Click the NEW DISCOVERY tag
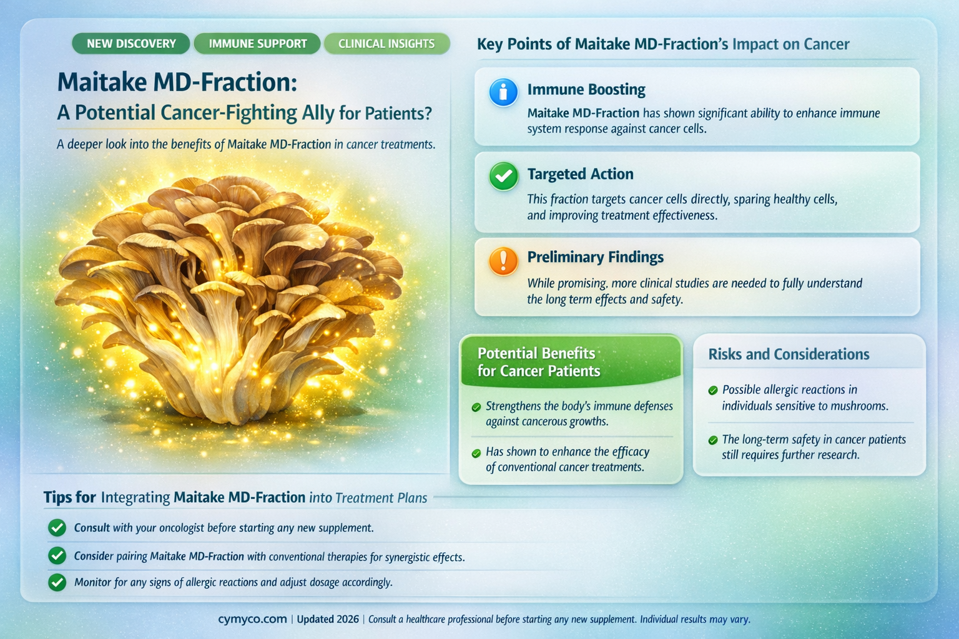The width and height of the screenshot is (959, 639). (131, 44)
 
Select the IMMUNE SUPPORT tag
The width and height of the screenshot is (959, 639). (257, 44)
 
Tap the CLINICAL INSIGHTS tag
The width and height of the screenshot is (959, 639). (386, 44)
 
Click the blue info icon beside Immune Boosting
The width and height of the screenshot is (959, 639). (503, 92)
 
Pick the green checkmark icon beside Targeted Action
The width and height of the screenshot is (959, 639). (503, 177)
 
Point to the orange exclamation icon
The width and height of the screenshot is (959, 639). (503, 261)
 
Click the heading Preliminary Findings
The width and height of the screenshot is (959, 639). (595, 257)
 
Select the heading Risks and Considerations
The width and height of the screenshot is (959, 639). (789, 354)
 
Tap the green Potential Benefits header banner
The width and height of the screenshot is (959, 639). (570, 362)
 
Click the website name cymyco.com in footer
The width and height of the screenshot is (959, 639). (252, 619)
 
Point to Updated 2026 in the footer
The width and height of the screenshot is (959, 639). (328, 619)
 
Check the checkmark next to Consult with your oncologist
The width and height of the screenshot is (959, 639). (57, 528)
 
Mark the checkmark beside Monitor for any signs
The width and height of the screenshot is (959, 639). (57, 582)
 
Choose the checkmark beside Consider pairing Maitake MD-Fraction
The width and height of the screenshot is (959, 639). (57, 555)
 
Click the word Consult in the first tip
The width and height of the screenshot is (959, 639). (92, 528)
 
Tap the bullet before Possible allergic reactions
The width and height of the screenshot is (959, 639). (712, 391)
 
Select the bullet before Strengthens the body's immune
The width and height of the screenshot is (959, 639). (476, 407)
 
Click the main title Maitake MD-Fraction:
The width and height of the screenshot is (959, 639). (177, 82)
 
